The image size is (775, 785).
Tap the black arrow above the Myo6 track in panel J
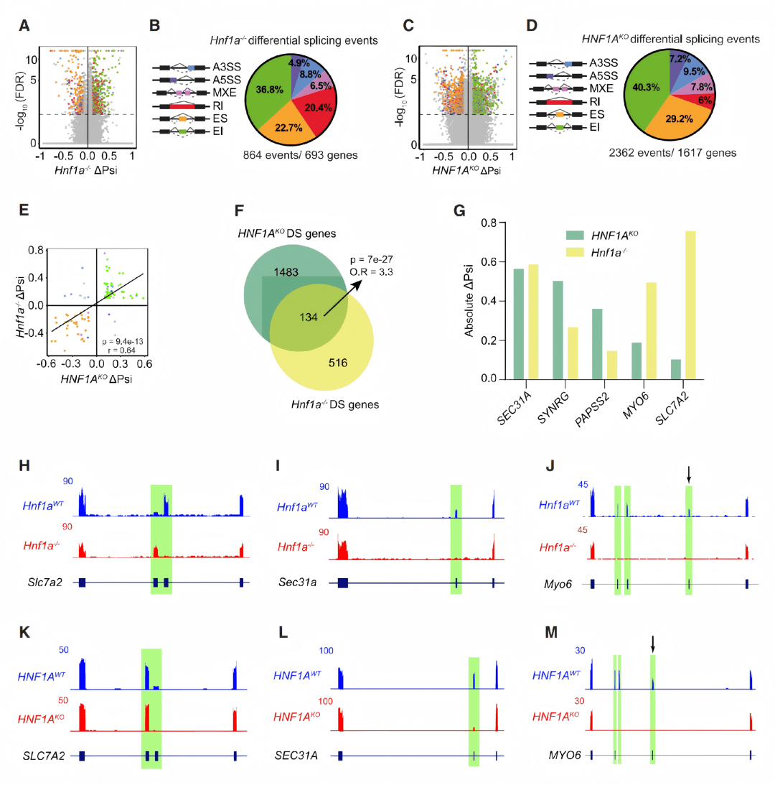[x=689, y=474]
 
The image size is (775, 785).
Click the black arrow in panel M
[x=653, y=644]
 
